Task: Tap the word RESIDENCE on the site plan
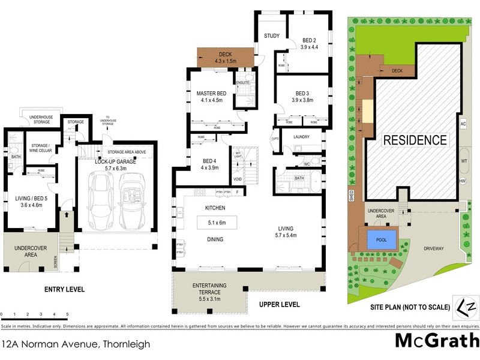pos(415,140)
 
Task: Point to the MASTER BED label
pos(211,94)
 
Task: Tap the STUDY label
pos(271,36)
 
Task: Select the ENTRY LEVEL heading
pos(64,290)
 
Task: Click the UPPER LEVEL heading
pos(279,305)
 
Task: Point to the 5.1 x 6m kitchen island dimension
pos(217,223)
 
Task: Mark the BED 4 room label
pos(202,160)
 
